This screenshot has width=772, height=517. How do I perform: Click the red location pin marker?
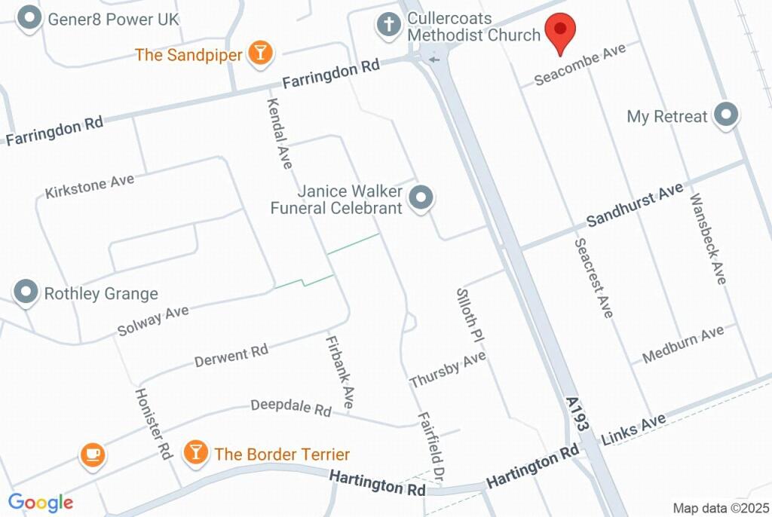coord(560,32)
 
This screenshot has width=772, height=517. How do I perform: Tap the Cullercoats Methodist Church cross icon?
coord(389,26)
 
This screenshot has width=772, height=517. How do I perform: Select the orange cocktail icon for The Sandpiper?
coord(261,53)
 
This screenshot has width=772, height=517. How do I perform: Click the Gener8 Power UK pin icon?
coord(29,19)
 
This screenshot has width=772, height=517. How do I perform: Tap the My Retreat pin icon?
coord(726,116)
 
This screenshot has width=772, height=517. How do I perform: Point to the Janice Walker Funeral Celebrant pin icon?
coord(421,199)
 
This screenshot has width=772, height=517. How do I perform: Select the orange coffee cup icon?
coord(92,454)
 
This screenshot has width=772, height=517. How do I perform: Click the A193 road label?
coord(577,415)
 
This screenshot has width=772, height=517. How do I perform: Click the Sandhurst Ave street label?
coord(634,204)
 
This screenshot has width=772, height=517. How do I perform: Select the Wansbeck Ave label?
coord(708,239)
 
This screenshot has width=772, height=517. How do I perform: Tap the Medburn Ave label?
coord(683,344)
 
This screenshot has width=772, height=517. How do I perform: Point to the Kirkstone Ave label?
coord(89,185)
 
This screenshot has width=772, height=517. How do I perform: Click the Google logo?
coord(41,502)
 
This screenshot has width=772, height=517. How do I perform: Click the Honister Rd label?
coord(154,424)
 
